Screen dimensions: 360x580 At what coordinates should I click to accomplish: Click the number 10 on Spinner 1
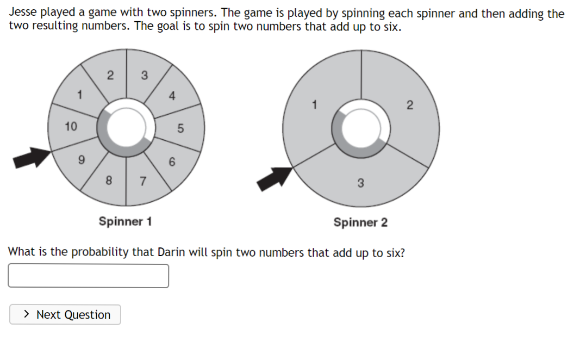click(x=71, y=127)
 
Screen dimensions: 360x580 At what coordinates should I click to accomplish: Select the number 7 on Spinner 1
click(x=144, y=181)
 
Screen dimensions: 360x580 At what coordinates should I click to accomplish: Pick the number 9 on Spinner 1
click(x=82, y=160)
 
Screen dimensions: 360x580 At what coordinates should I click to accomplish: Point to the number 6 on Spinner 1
click(x=172, y=162)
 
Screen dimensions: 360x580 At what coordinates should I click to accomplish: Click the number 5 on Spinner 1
click(x=181, y=128)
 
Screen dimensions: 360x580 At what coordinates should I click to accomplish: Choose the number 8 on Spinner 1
click(x=109, y=180)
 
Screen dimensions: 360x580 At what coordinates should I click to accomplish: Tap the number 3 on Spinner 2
click(x=360, y=183)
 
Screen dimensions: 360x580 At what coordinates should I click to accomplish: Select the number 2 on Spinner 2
click(x=410, y=105)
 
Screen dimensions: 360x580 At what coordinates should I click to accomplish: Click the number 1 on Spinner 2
click(x=314, y=104)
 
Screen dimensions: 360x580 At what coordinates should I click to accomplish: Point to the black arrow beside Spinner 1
click(x=32, y=157)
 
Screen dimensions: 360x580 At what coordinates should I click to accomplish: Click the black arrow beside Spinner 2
click(x=275, y=178)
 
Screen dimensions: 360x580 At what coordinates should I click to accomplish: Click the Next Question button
click(x=65, y=315)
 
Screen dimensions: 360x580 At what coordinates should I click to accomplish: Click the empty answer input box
click(x=88, y=276)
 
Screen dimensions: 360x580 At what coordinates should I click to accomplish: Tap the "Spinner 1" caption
click(x=125, y=221)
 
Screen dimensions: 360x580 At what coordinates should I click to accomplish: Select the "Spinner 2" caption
click(x=360, y=222)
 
